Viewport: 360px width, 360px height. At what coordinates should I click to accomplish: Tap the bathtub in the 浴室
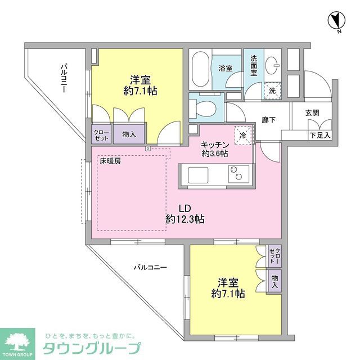pos(200,70)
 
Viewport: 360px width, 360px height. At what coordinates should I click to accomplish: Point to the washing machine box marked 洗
pos(272,90)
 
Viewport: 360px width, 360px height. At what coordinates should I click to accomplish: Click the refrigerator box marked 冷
pos(242,134)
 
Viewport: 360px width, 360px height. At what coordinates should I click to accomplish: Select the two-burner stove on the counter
pos(236,174)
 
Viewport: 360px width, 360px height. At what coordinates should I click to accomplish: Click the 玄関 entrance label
pos(312,112)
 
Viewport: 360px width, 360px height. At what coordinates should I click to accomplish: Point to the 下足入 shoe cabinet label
pos(319,136)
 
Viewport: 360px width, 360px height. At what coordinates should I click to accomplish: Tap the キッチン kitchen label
pos(215,143)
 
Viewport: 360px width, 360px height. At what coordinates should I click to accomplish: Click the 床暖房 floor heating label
pos(110,161)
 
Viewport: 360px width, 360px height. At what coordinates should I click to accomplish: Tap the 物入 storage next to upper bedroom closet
pos(129,134)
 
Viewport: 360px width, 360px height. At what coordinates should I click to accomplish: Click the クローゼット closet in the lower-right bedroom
pos(273,256)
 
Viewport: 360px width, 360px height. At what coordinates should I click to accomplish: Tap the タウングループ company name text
pos(93,346)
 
